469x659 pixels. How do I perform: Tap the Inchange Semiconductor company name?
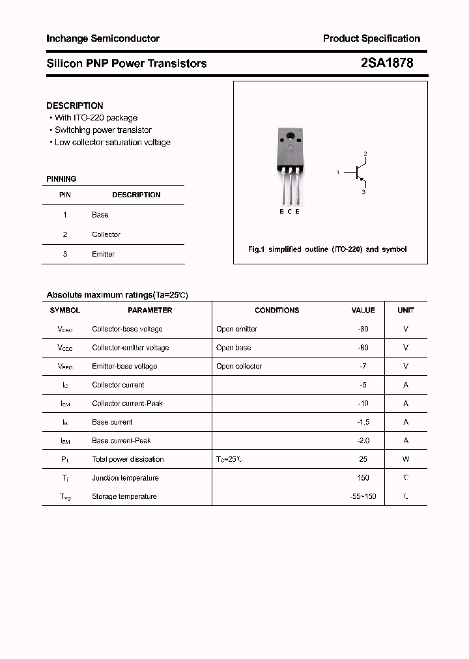coord(103,38)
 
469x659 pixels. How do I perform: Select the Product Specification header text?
coord(371,38)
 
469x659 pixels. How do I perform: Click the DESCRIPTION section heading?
coord(75,105)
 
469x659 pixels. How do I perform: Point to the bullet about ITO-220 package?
coord(96,118)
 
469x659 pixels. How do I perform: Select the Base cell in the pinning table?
coord(100,215)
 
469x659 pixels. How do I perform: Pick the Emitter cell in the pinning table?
coord(103,254)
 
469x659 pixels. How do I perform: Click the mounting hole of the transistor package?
coord(290,137)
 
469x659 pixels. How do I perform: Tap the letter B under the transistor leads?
coord(282,212)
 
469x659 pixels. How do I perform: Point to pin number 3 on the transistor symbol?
coord(363,192)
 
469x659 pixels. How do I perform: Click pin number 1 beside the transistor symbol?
coord(337,172)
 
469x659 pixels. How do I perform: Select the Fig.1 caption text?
coord(327,249)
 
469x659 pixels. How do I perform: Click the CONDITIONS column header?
coord(277,311)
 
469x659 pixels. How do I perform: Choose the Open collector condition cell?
coord(239,366)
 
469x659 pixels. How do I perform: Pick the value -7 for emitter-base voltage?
coord(363,366)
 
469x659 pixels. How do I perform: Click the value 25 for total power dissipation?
coord(363,459)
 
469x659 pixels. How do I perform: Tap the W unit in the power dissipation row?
coord(406,459)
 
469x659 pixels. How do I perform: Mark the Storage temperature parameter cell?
coord(124,496)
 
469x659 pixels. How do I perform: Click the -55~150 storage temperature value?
coord(363,496)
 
